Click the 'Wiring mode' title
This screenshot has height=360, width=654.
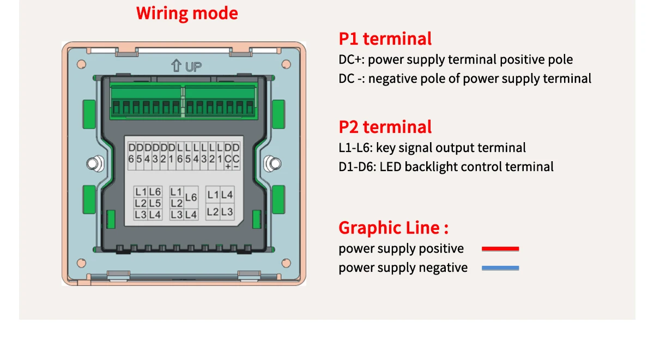pyautogui.click(x=187, y=13)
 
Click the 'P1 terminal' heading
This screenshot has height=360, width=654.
pyautogui.click(x=385, y=39)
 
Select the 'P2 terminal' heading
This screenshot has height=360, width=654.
pyautogui.click(x=385, y=127)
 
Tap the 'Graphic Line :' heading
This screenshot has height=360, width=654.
pyautogui.click(x=393, y=228)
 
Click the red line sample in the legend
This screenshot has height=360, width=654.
pyautogui.click(x=500, y=249)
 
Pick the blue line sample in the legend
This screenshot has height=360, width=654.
pyautogui.click(x=500, y=268)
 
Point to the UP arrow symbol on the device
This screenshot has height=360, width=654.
pyautogui.click(x=176, y=66)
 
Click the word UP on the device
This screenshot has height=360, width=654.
pyautogui.click(x=193, y=67)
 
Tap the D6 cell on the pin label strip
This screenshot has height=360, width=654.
pyautogui.click(x=131, y=153)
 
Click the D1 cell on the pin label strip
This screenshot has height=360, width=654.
pyautogui.click(x=172, y=153)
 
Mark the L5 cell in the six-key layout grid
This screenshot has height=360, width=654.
pyautogui.click(x=155, y=203)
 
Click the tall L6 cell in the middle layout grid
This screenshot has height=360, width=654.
pyautogui.click(x=191, y=198)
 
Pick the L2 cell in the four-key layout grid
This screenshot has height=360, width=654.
pyautogui.click(x=213, y=212)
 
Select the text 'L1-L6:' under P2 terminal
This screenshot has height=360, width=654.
pyautogui.click(x=355, y=148)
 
